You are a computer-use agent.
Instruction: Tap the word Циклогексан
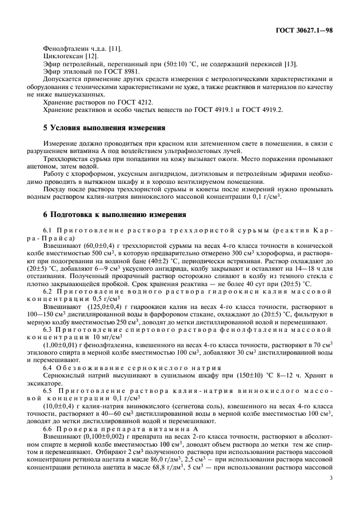(59, 58)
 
